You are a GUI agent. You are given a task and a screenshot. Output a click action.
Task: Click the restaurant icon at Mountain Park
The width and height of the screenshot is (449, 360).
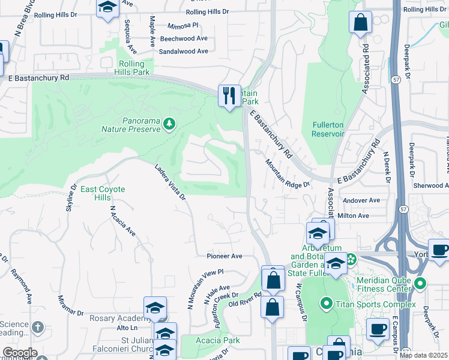229,95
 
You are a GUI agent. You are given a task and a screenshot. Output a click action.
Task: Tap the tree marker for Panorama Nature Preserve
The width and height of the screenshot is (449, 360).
170,124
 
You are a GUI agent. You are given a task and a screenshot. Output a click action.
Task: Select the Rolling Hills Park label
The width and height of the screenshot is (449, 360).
131,68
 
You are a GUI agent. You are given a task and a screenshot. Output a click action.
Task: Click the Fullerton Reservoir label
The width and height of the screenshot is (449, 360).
328,129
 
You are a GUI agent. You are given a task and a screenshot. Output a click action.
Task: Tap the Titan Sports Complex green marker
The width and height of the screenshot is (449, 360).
326,304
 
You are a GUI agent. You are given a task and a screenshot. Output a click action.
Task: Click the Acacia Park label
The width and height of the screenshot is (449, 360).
218,340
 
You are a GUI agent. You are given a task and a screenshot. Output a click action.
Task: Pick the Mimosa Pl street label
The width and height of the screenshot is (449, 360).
182,26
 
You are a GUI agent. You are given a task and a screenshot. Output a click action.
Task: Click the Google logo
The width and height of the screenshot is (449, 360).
19,353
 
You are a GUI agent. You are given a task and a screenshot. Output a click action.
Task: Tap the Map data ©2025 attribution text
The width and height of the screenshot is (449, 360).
423,355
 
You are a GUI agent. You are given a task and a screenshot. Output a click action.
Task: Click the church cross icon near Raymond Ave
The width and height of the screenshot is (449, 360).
38,327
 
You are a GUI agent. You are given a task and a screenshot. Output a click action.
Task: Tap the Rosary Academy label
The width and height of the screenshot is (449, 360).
115,318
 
